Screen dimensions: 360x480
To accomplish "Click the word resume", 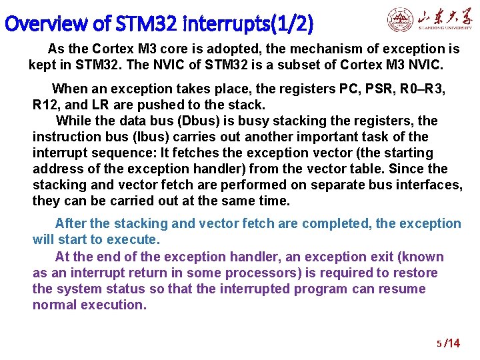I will tap(401, 289).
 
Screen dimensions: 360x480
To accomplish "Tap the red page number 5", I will tap(439, 344).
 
